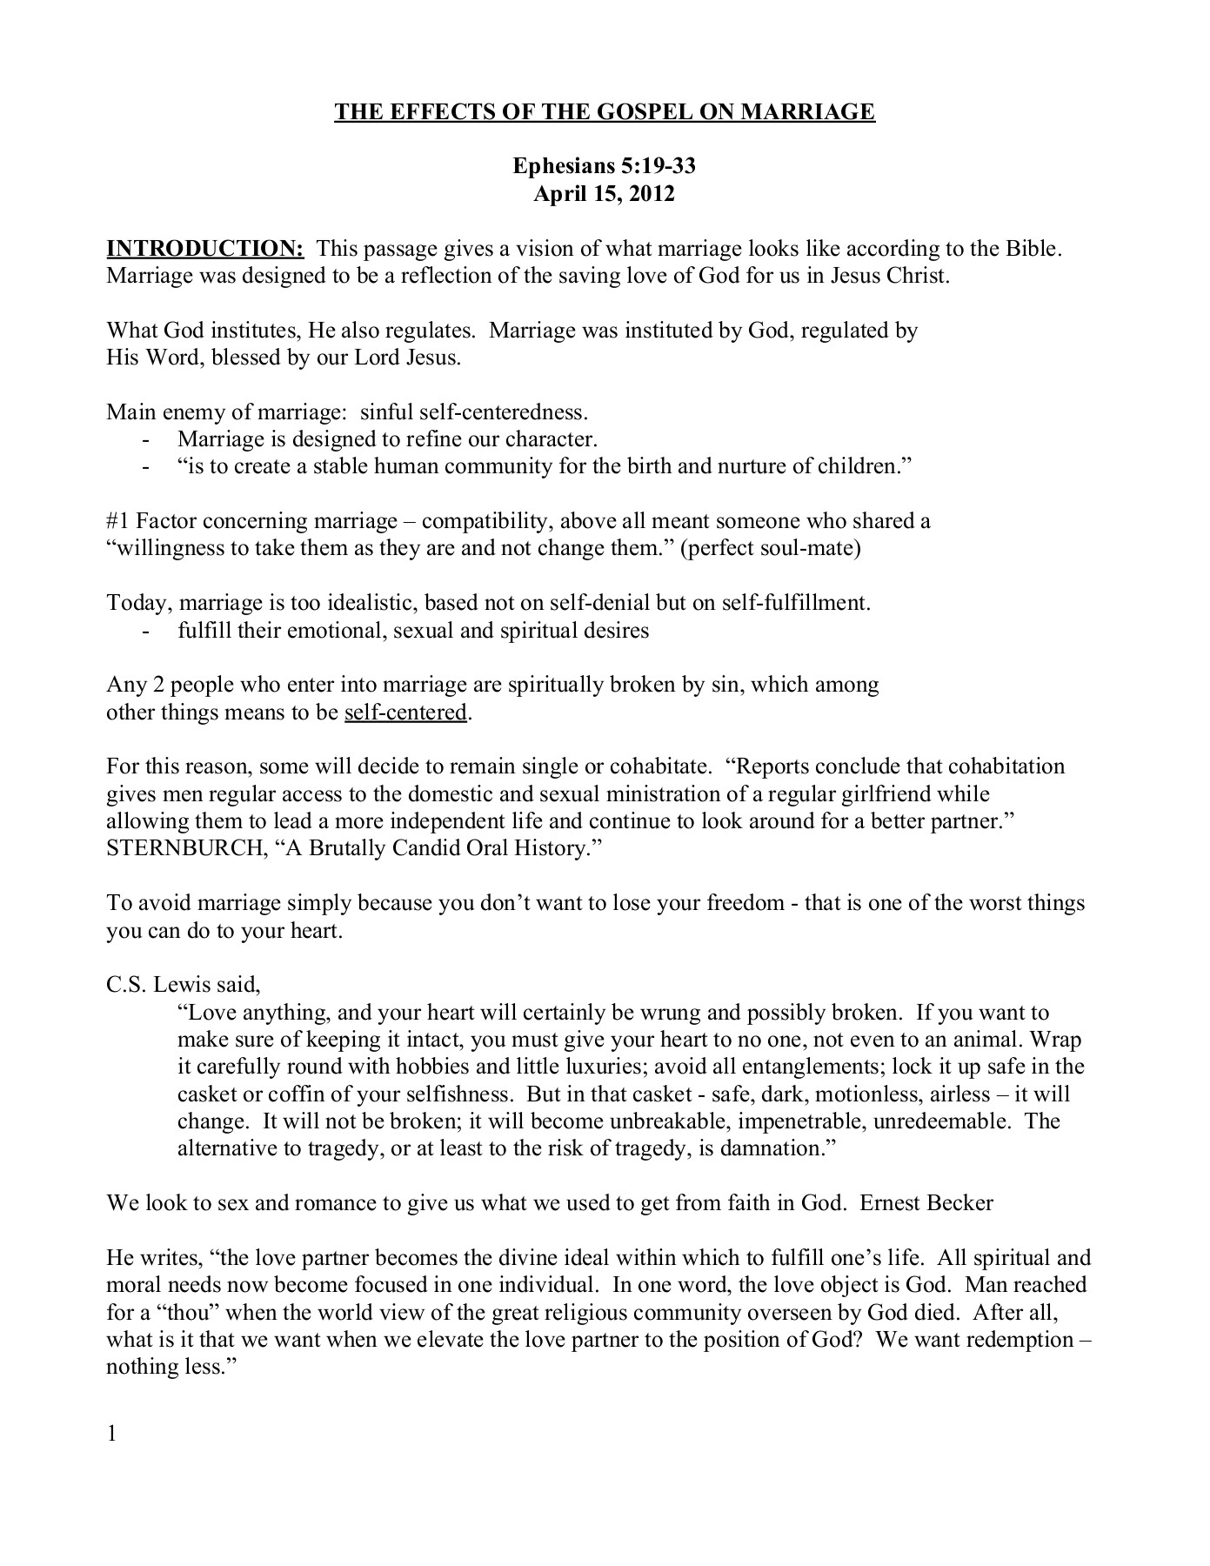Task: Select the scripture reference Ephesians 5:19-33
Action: pos(604,166)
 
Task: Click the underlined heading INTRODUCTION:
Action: pos(204,249)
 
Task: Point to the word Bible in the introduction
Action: pos(1033,249)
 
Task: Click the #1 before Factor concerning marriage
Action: pos(117,521)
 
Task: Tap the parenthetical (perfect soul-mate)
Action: pos(772,549)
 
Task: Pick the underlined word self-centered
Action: pos(406,713)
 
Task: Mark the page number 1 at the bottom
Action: pos(111,1434)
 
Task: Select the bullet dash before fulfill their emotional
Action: pos(145,631)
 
